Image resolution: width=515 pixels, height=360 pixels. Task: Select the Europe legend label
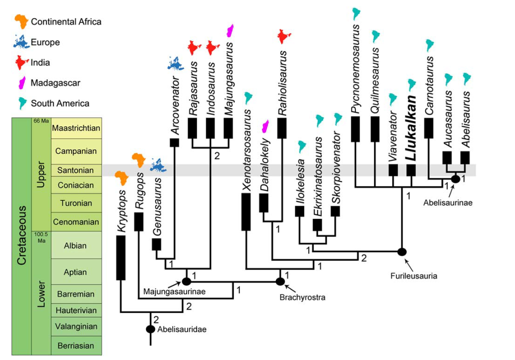(45, 42)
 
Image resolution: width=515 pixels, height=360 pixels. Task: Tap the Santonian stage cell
(76, 170)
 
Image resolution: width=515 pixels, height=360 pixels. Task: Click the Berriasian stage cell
(76, 346)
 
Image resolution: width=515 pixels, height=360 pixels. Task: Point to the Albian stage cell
(76, 246)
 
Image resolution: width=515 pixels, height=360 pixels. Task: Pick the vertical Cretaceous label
(21, 235)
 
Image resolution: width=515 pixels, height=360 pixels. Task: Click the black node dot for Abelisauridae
(150, 329)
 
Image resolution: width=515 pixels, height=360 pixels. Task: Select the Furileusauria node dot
(401, 252)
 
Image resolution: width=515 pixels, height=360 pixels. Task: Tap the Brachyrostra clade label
(302, 297)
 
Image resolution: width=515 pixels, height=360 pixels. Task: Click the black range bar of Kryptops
(121, 258)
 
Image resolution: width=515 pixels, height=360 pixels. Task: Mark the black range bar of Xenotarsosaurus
(246, 212)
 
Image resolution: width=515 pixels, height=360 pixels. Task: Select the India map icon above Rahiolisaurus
(284, 36)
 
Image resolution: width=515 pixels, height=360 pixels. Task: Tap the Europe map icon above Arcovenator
(175, 63)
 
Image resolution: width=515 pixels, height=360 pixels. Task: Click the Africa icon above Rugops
(138, 160)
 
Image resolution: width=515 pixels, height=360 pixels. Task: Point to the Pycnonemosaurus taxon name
(356, 69)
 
